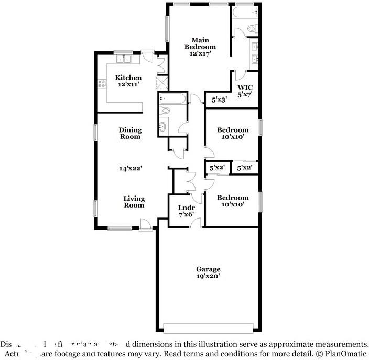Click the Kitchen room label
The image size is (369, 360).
[128, 78]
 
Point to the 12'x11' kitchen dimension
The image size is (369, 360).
[128, 84]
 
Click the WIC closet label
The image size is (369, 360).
[245, 88]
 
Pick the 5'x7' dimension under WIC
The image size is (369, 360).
[245, 95]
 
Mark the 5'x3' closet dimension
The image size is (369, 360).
[219, 99]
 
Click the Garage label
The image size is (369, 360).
[209, 269]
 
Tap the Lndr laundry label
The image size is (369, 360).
[186, 208]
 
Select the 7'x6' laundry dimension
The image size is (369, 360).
[186, 214]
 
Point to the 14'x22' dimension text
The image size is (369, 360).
[131, 168]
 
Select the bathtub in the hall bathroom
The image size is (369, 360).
[171, 98]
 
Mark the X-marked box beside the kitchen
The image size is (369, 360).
[162, 83]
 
